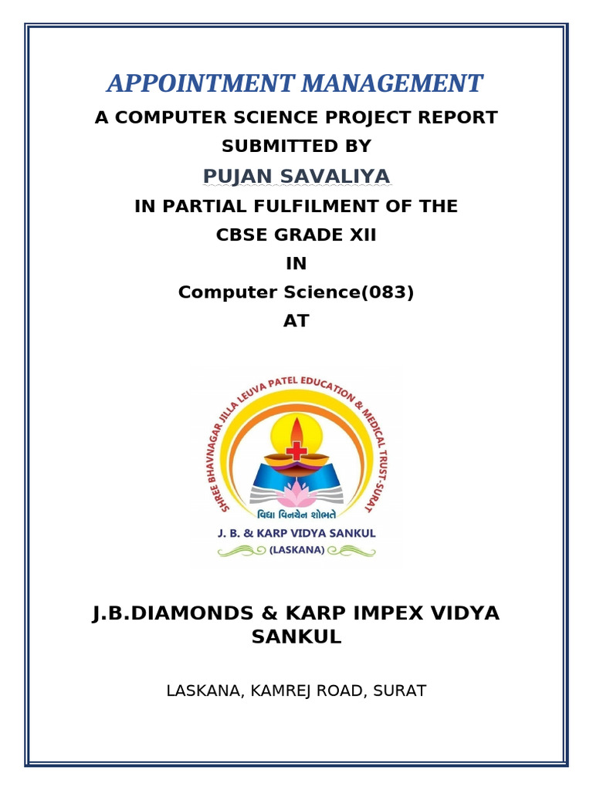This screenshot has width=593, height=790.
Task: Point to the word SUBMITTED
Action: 269,147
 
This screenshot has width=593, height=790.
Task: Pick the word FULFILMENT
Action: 334,207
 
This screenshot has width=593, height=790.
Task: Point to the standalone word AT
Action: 296,322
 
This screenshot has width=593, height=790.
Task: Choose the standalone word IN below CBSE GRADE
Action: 296,264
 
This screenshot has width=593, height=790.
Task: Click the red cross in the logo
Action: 296,451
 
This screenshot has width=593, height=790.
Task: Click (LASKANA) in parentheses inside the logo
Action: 296,550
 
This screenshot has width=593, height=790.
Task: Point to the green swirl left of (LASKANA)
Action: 241,551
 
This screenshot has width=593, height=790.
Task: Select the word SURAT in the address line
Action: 399,690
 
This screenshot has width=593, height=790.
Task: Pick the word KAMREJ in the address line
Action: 293,690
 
